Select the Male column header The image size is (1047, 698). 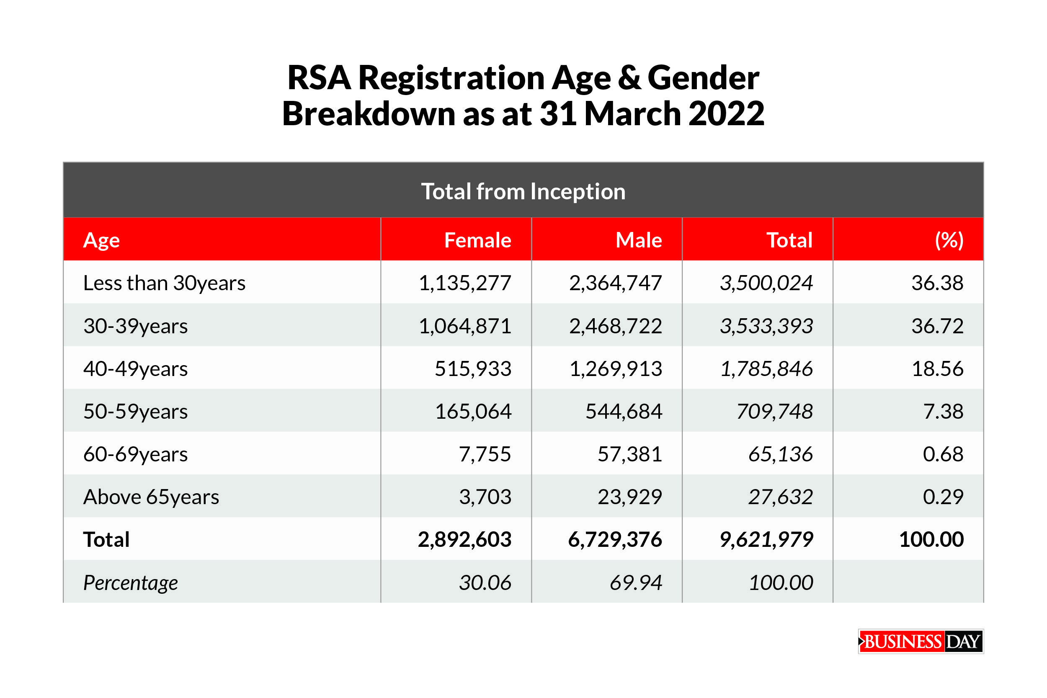click(x=638, y=240)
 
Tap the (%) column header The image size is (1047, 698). click(x=949, y=240)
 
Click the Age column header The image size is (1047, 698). click(x=101, y=240)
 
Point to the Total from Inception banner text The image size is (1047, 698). click(x=523, y=191)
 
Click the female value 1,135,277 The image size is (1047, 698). click(x=465, y=283)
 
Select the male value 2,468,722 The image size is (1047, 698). click(x=615, y=326)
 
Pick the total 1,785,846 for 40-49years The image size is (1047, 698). click(x=766, y=368)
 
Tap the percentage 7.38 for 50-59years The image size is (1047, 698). click(x=943, y=411)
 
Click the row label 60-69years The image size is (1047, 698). click(x=135, y=454)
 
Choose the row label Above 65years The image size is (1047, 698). click(x=151, y=497)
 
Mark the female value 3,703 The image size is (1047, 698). click(x=485, y=497)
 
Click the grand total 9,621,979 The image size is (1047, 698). click(x=766, y=540)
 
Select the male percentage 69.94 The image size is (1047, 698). click(x=636, y=582)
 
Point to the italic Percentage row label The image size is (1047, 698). click(x=130, y=583)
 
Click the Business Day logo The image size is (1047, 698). click(x=921, y=641)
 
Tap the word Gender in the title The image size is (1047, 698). click(x=703, y=78)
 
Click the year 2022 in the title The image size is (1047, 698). click(x=726, y=113)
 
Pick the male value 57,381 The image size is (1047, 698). click(x=629, y=454)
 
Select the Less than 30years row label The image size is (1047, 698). click(x=164, y=283)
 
